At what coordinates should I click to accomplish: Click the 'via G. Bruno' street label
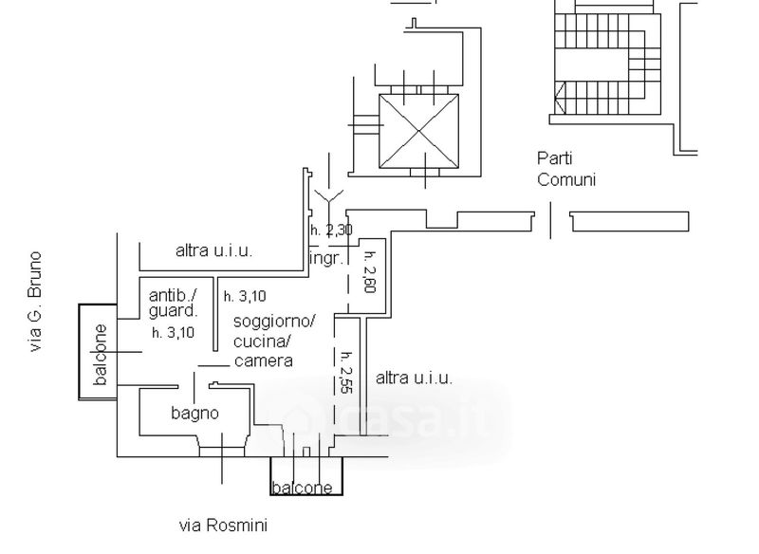tap(36, 302)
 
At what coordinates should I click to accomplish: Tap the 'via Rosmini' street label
tap(223, 525)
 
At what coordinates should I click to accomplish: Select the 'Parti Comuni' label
tap(566, 169)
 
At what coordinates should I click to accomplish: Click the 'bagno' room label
tap(194, 413)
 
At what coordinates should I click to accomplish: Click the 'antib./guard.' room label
tap(173, 302)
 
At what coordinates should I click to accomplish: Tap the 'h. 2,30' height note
tap(331, 230)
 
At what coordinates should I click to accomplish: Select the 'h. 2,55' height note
tap(346, 372)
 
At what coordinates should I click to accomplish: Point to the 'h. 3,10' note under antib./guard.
tap(173, 332)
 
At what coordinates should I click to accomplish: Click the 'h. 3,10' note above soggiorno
tap(245, 296)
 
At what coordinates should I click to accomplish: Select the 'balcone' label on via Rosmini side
tap(303, 489)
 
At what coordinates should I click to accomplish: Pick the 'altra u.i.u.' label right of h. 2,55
tap(414, 378)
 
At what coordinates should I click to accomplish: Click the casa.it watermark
tap(398, 416)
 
